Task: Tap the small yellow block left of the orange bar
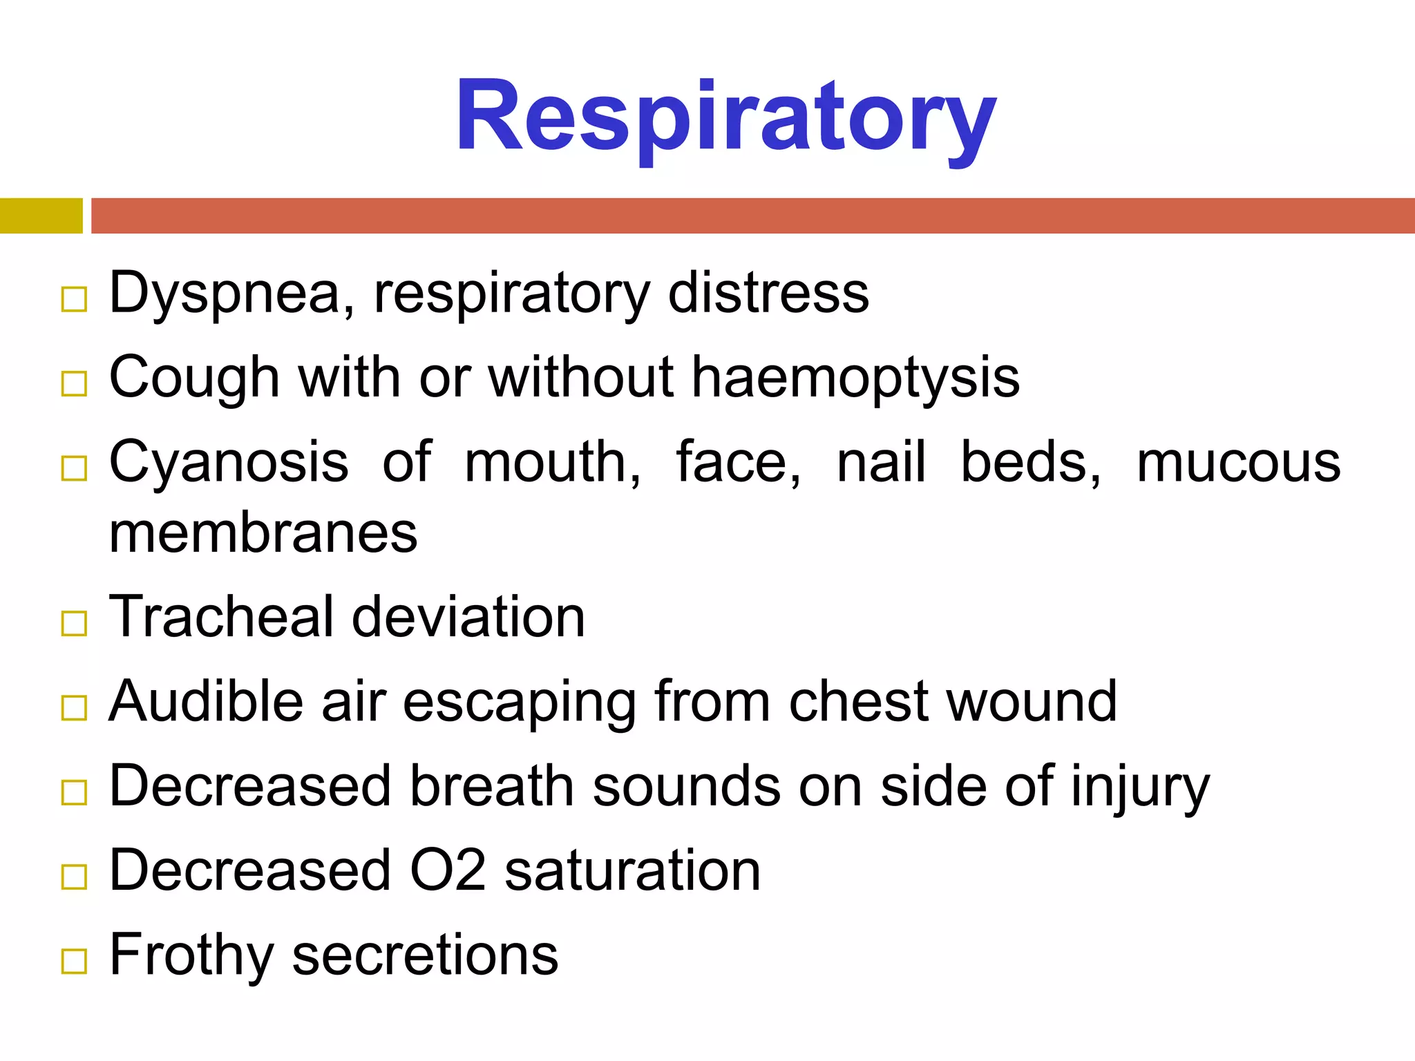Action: pos(41,216)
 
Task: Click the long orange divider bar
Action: pos(753,216)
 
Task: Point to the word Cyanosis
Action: pos(229,463)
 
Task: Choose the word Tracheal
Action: pos(222,616)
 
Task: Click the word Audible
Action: pos(206,701)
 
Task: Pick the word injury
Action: pos(1140,787)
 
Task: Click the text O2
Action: pos(448,870)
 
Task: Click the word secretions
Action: pos(425,956)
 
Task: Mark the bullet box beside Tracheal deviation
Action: pos(74,623)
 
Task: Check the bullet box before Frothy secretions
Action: pos(74,961)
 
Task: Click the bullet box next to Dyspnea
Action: pos(74,300)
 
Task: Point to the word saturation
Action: pos(632,870)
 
